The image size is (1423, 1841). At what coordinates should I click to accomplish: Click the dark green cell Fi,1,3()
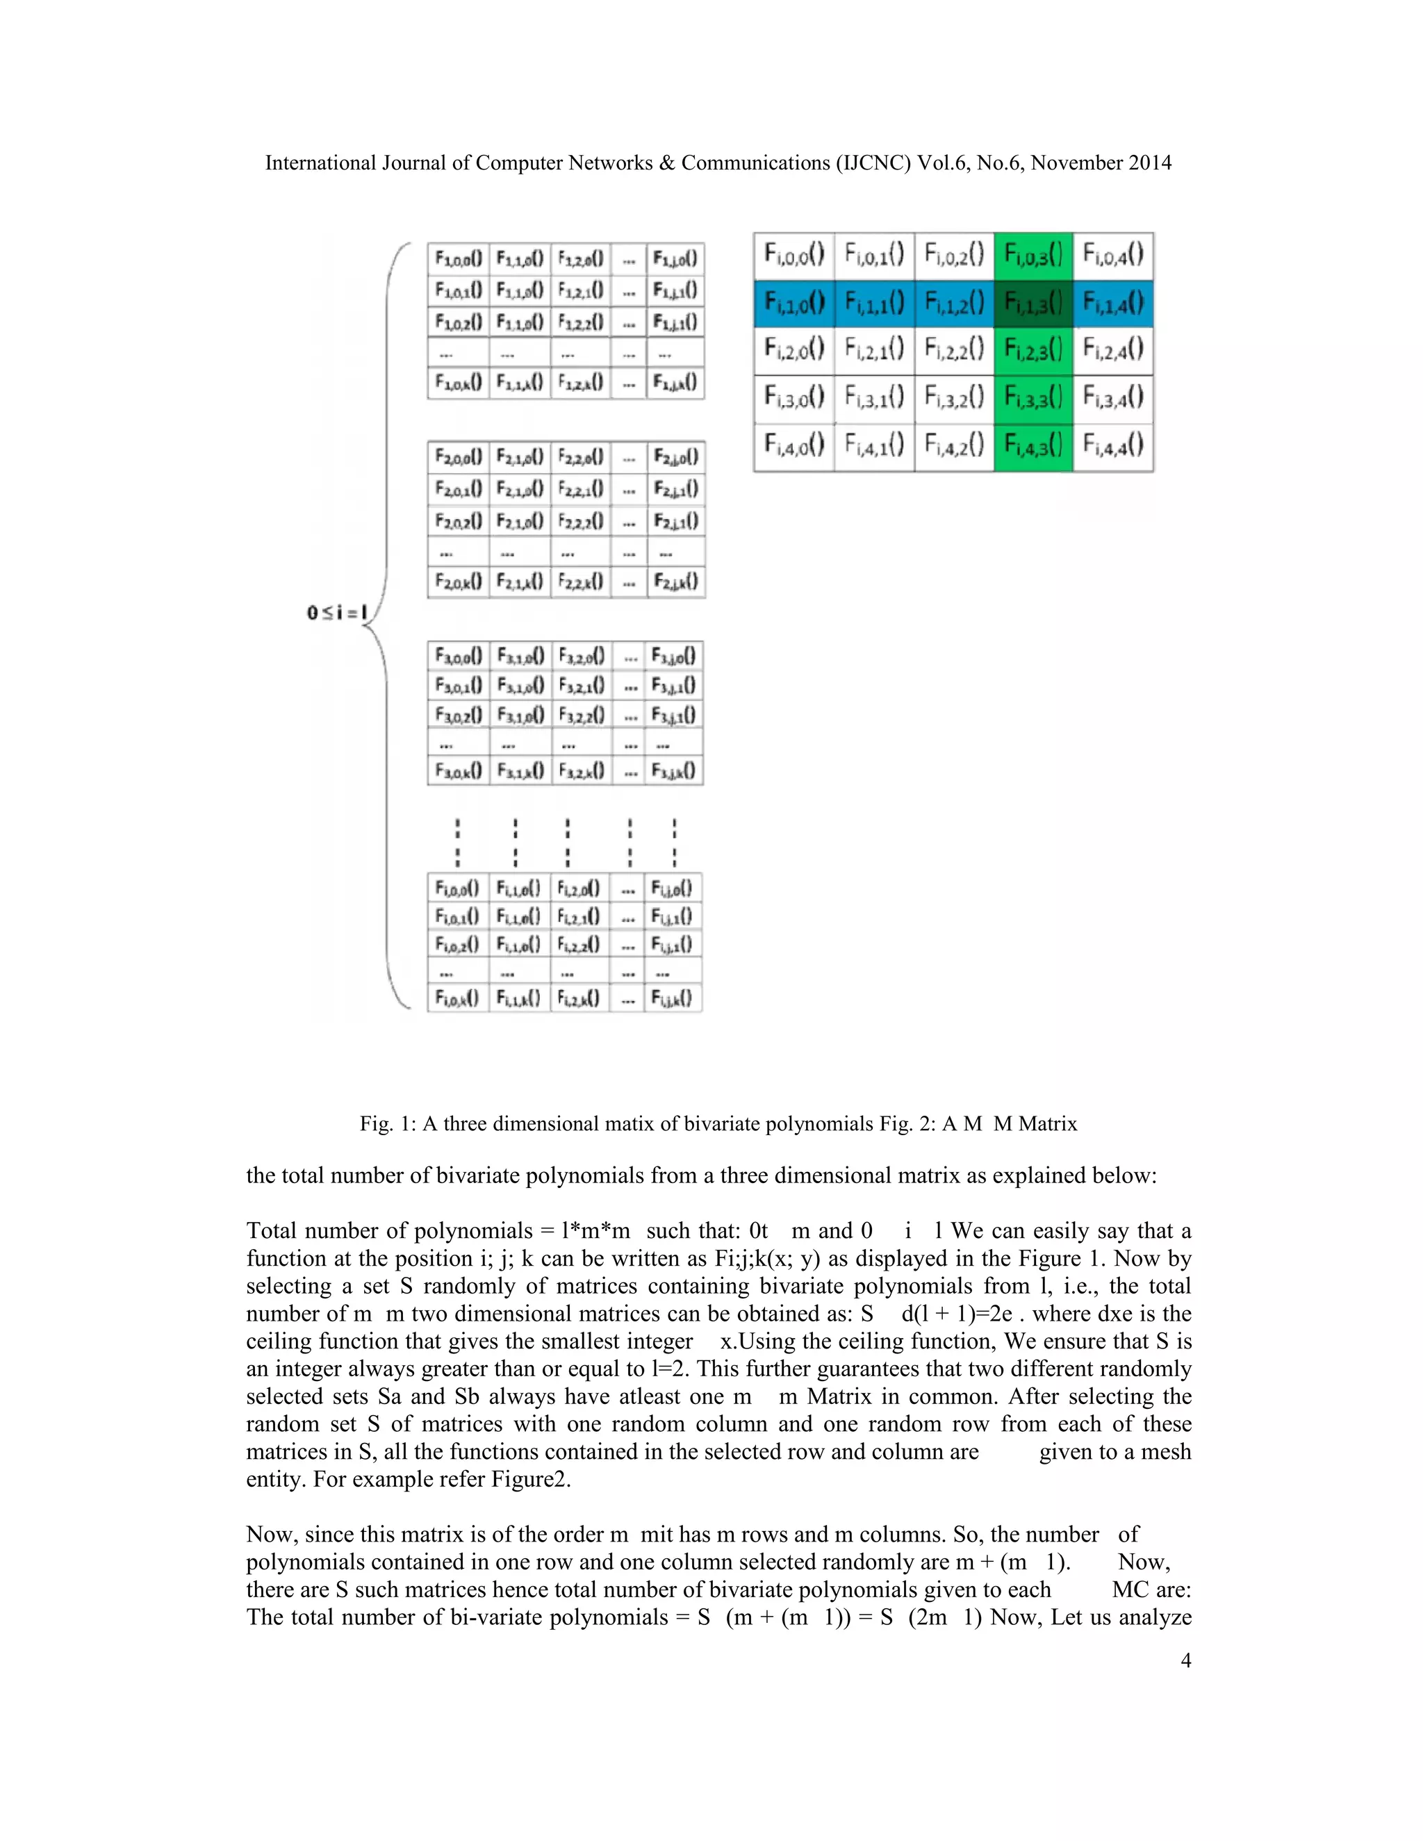1033,303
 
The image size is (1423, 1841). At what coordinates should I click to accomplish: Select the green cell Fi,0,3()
1033,254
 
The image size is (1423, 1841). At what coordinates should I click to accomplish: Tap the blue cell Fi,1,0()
793,303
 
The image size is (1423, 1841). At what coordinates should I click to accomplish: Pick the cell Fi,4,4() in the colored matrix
1113,445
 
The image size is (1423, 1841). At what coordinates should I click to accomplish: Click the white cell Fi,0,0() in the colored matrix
793,254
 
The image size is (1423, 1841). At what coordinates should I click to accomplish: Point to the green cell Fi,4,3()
1033,445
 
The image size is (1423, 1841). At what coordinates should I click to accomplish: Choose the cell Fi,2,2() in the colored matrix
953,350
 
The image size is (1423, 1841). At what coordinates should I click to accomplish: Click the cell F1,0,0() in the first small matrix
458,258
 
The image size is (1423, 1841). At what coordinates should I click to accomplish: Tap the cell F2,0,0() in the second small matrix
458,458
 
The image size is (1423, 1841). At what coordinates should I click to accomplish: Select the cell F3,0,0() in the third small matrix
458,656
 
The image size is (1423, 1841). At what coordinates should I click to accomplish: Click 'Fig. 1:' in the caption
388,1123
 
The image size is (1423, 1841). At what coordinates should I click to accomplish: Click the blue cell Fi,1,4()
1113,303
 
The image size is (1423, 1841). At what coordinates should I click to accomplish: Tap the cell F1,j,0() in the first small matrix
675,258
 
